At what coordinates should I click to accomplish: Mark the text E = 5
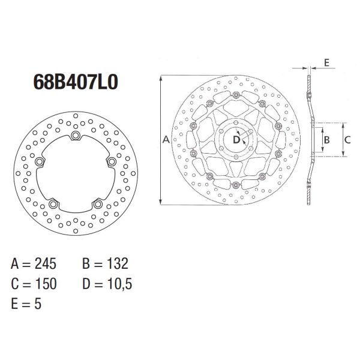(x=27, y=304)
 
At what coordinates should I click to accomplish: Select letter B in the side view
(x=326, y=139)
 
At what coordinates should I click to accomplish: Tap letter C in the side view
(x=347, y=139)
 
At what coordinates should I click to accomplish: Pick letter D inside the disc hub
(x=236, y=139)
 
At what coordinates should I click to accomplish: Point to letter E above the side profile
(x=326, y=62)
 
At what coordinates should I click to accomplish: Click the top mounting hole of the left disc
(x=75, y=136)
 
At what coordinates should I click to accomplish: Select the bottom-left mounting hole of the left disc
(x=53, y=205)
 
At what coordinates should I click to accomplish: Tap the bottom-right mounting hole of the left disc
(x=97, y=205)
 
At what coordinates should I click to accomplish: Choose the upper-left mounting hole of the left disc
(x=40, y=161)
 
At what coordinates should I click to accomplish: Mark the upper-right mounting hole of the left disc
(x=110, y=161)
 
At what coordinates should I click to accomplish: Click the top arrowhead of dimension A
(x=161, y=77)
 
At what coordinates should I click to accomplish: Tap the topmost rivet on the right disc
(x=236, y=95)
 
